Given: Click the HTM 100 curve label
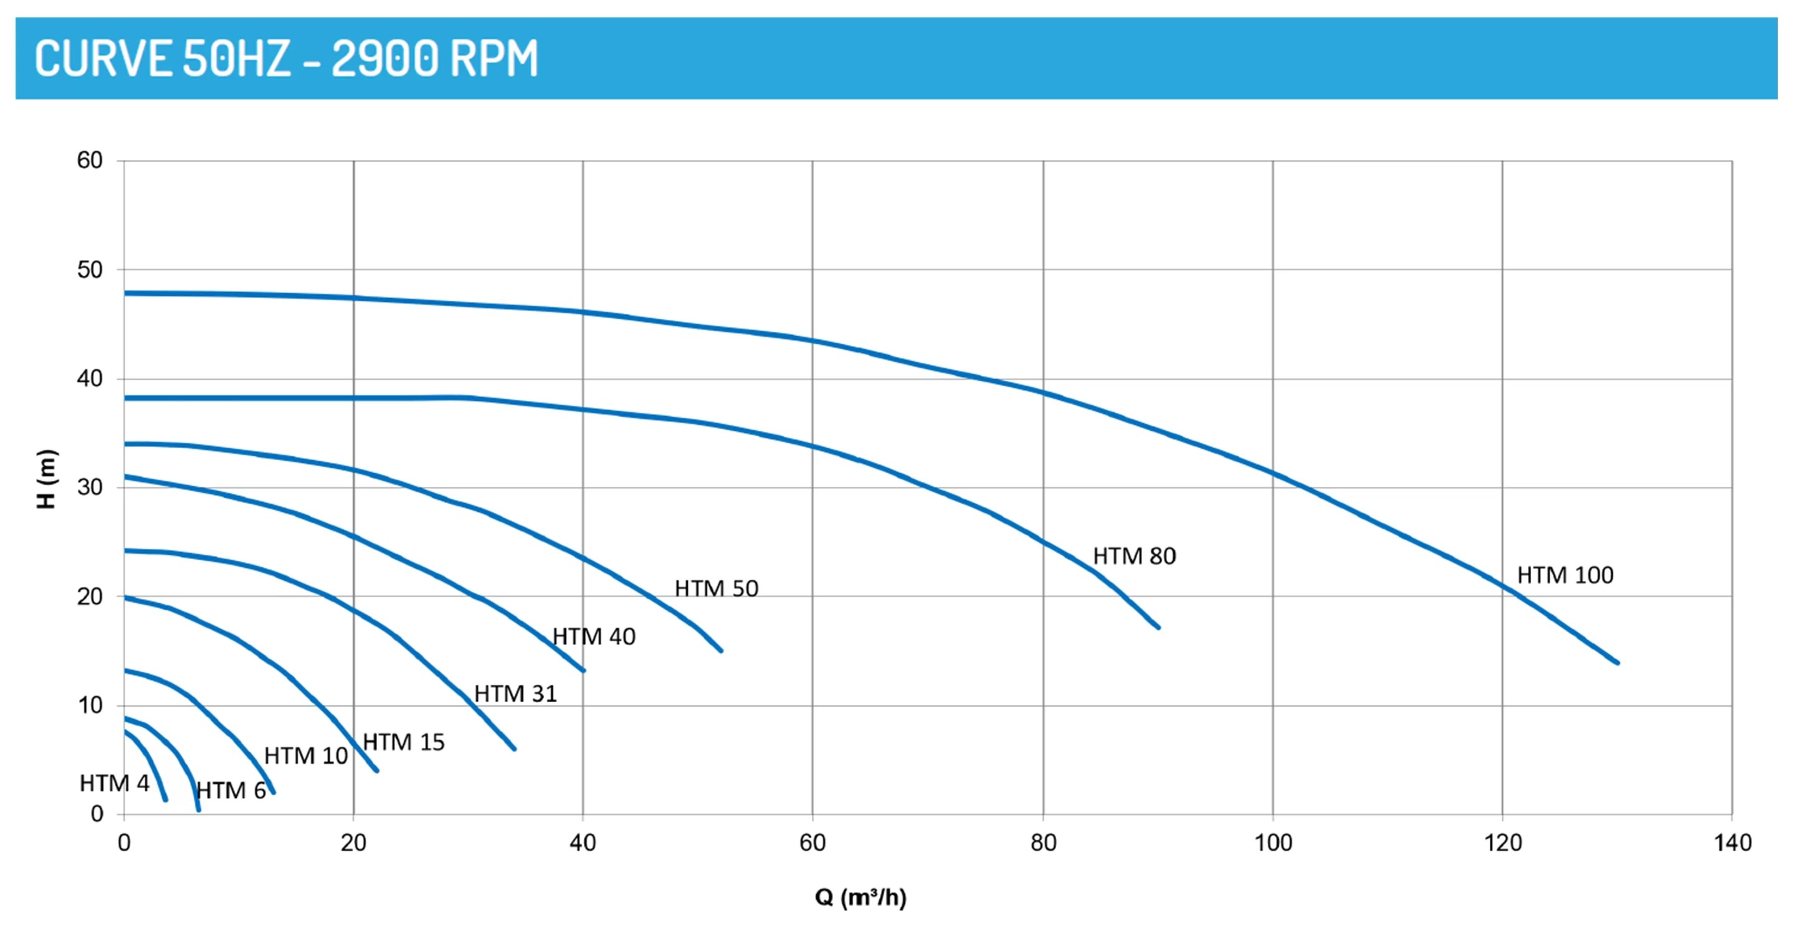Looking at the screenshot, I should (1565, 575).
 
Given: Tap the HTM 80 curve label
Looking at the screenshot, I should (1133, 556).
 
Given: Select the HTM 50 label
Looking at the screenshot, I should (716, 589).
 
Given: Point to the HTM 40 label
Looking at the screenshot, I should (593, 636).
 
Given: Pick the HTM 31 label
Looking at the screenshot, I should (515, 694).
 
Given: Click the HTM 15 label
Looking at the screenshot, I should (403, 742).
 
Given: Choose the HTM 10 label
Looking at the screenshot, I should (306, 756).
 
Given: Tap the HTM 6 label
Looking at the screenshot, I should (231, 791).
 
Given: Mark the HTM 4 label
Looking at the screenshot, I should (114, 783).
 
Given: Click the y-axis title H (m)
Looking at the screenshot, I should (46, 479).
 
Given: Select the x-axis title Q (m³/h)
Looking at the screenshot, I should (860, 897).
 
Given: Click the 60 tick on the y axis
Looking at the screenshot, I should (90, 161).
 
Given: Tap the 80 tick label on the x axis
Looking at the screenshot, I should (1043, 843).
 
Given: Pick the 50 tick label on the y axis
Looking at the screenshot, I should (90, 270).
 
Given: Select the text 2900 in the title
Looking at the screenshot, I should (385, 59).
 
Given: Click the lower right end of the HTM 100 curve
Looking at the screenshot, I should (1617, 662).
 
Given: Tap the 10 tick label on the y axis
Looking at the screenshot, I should (90, 705).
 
